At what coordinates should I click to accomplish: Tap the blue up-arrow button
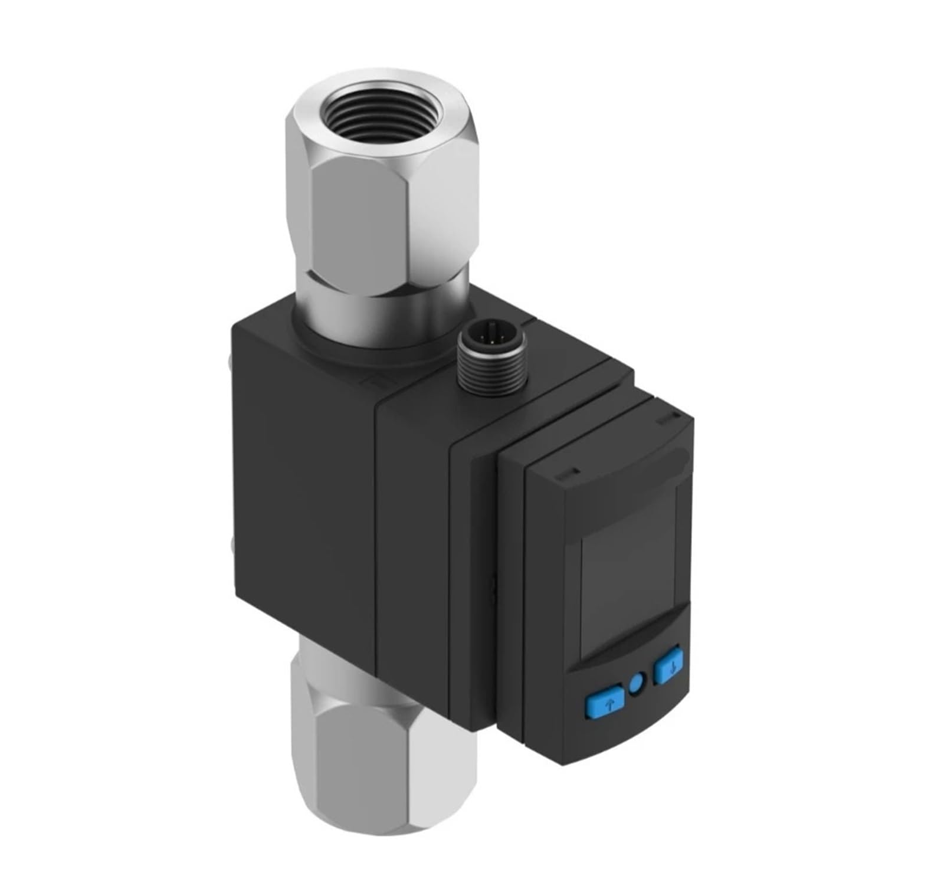(x=604, y=702)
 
